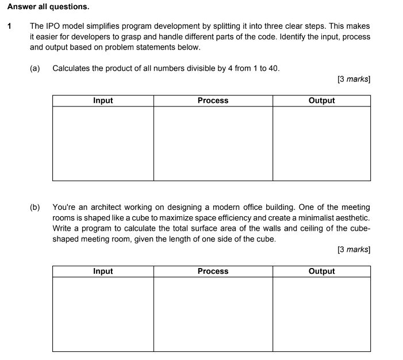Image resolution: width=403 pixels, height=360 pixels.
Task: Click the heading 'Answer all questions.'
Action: [x=48, y=7]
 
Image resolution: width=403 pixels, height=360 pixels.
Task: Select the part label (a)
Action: [x=35, y=68]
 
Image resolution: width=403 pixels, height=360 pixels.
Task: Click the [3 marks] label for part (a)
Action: [x=354, y=79]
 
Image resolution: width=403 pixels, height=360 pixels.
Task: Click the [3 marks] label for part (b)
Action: [x=354, y=250]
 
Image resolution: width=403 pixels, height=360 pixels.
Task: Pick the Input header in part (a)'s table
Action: [x=103, y=101]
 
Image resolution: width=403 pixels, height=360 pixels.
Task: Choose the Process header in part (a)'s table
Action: [x=213, y=101]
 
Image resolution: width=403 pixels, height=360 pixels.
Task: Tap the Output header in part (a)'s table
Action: [x=321, y=101]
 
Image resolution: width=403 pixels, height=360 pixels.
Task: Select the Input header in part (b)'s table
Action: [x=103, y=271]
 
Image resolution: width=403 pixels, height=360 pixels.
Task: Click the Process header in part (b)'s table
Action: [x=213, y=271]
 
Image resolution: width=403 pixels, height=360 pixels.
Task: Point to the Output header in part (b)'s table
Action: [x=321, y=271]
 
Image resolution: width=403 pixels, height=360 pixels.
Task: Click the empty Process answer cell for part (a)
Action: [x=213, y=143]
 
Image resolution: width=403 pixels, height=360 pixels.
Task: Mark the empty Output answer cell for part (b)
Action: [x=321, y=314]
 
